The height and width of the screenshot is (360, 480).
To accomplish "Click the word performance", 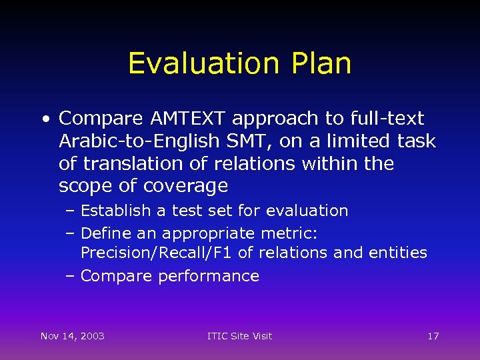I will point(208,276).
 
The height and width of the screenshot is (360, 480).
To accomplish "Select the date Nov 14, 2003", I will point(72,336).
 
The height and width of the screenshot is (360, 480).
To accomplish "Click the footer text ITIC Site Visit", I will point(240,336).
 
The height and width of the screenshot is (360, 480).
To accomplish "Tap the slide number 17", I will point(433,336).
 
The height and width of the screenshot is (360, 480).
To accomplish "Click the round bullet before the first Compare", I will point(46,119).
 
